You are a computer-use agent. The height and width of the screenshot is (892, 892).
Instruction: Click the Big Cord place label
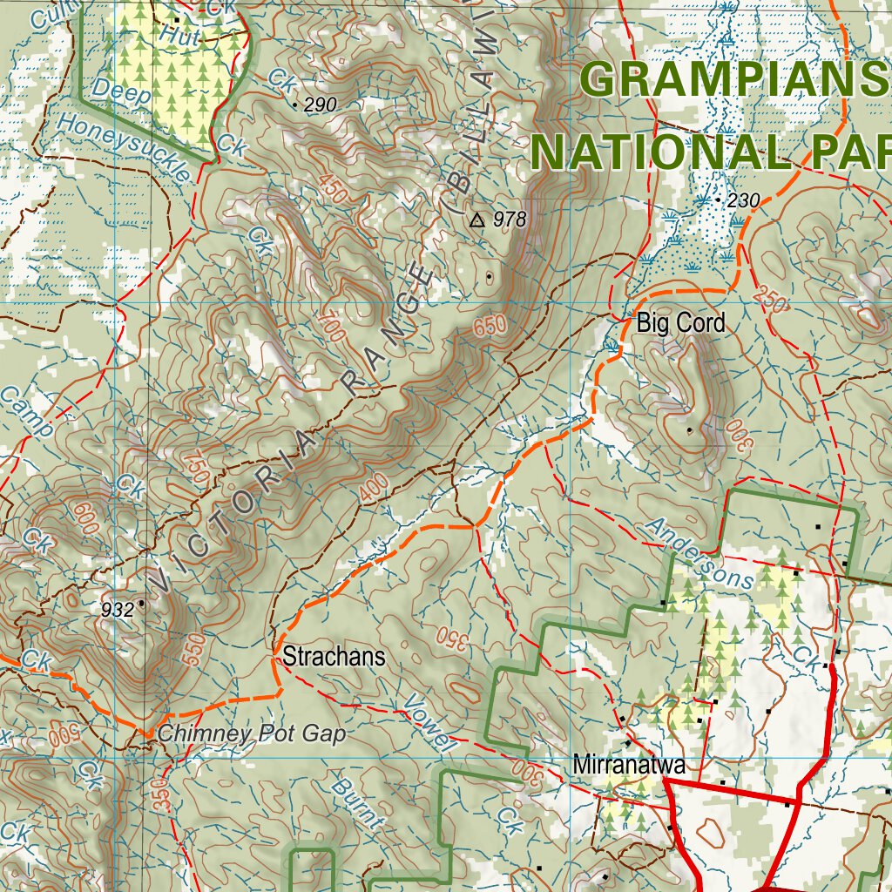[x=680, y=323]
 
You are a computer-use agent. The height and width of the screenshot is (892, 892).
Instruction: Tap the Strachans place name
[x=333, y=657]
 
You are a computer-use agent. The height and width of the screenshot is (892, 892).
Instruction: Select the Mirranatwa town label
[x=629, y=766]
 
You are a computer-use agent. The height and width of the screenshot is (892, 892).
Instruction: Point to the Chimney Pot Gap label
[x=251, y=734]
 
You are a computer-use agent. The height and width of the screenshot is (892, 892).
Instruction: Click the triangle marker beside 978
[x=476, y=220]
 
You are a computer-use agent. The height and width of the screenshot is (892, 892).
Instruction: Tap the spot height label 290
[x=320, y=105]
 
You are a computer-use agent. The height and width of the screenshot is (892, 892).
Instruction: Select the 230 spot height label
[x=743, y=201]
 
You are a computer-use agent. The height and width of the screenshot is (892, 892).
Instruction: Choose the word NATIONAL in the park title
[x=662, y=152]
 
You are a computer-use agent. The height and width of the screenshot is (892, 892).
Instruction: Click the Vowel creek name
[x=430, y=724]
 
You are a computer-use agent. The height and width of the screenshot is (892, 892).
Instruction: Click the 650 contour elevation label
[x=490, y=328]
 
